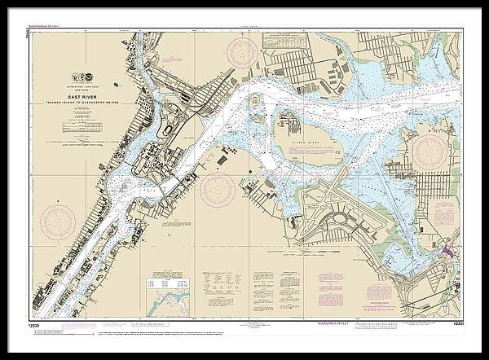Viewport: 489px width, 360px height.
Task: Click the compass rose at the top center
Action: (242, 54)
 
